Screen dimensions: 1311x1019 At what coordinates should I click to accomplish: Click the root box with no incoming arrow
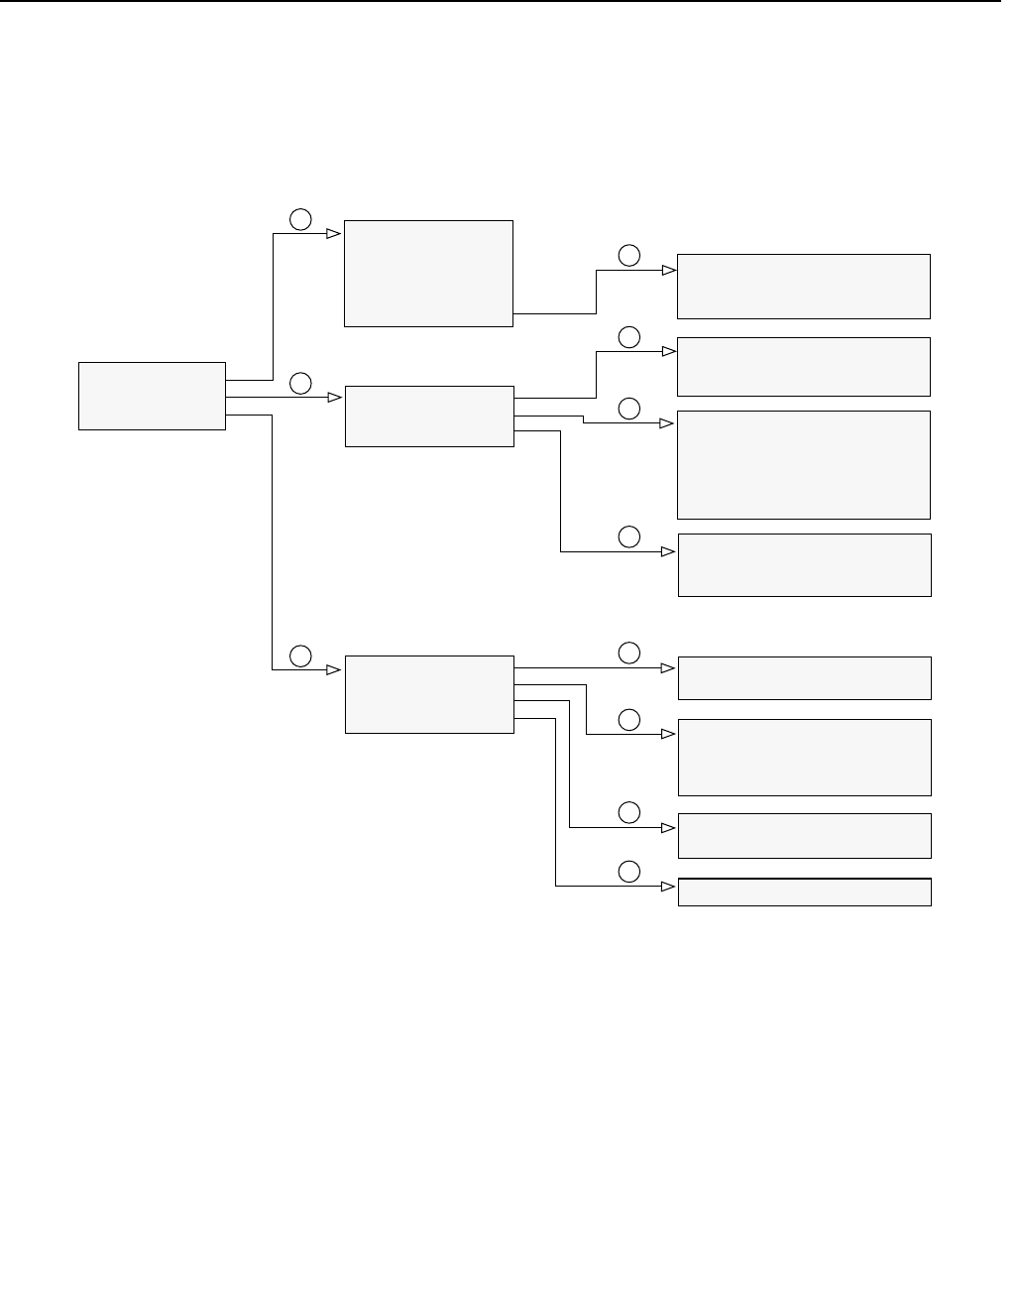(x=152, y=396)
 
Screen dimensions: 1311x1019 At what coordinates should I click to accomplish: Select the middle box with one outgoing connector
(x=428, y=273)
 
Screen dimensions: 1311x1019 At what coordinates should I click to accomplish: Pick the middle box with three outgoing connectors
(x=429, y=416)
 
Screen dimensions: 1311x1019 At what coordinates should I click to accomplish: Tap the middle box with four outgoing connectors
(x=429, y=694)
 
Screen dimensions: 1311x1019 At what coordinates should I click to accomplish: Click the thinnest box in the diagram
(x=804, y=892)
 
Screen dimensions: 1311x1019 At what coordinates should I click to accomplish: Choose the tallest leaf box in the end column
(x=803, y=464)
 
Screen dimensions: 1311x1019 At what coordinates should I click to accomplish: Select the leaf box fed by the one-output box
(x=803, y=286)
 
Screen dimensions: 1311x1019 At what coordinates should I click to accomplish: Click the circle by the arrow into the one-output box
(x=300, y=219)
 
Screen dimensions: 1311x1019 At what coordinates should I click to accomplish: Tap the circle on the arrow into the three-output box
(x=300, y=383)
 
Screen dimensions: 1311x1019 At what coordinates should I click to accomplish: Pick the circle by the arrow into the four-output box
(x=300, y=655)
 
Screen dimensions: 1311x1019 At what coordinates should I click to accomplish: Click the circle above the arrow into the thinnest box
(x=629, y=872)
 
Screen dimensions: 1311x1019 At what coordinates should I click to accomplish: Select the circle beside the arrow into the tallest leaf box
(x=629, y=409)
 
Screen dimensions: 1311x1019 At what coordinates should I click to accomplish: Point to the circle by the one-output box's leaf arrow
(x=629, y=255)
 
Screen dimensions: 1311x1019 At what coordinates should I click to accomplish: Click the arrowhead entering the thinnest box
(x=669, y=886)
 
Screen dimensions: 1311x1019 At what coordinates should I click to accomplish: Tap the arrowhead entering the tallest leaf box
(x=668, y=423)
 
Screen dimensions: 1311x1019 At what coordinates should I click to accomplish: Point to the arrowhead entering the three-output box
(x=335, y=397)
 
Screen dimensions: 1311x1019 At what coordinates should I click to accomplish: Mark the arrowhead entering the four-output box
(x=335, y=669)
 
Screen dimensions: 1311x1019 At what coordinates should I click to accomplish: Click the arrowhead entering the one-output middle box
(x=334, y=234)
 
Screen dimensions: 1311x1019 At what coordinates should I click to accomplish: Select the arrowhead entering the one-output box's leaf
(x=668, y=269)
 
